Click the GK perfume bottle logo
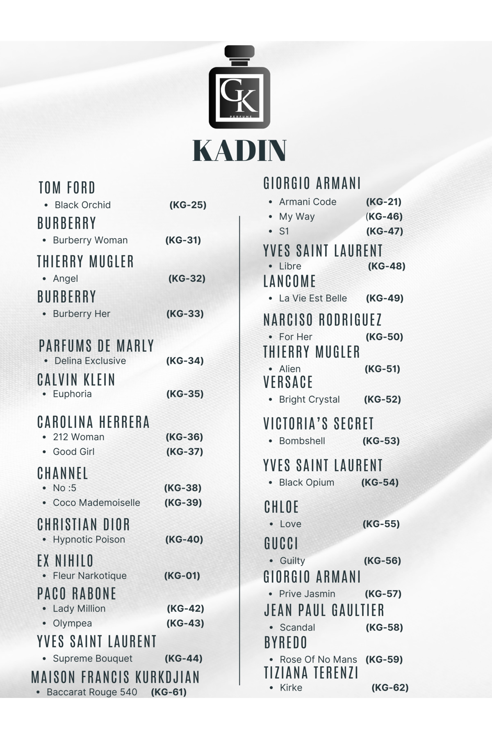click(x=239, y=87)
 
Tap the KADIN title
click(x=239, y=151)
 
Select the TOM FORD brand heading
click(x=67, y=188)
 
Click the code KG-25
click(x=188, y=205)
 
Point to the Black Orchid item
click(x=82, y=205)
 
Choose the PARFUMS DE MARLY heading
click(x=96, y=346)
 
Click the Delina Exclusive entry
click(x=90, y=361)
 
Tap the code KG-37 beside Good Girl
click(x=184, y=452)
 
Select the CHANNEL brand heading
click(x=63, y=473)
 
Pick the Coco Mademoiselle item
click(x=96, y=503)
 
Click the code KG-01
click(x=182, y=576)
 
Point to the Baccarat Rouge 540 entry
click(x=92, y=692)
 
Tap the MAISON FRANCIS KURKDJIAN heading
click(x=116, y=677)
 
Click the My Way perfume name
click(x=297, y=216)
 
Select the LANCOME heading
click(x=289, y=282)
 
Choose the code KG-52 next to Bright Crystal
click(x=382, y=399)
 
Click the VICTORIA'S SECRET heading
click(x=318, y=424)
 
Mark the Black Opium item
click(x=306, y=482)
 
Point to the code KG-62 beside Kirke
click(x=390, y=688)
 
